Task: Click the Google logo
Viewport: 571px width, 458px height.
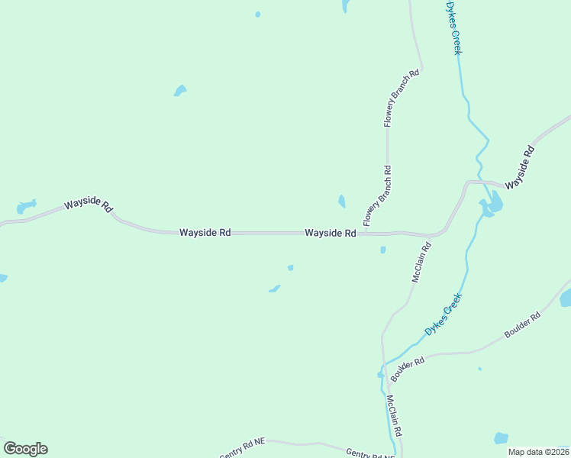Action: coord(25,449)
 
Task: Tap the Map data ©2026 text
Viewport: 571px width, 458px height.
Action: coord(538,452)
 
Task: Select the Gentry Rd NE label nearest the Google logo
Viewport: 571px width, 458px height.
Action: coord(243,451)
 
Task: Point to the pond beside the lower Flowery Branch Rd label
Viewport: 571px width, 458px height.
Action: coord(341,202)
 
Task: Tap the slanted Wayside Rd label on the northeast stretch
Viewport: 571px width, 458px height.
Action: coord(518,166)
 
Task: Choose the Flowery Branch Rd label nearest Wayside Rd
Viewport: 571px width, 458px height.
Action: coord(377,196)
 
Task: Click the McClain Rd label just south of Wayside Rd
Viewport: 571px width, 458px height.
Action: coord(421,263)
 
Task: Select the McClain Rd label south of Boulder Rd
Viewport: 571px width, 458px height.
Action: coord(394,416)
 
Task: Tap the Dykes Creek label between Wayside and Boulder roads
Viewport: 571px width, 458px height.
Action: coord(444,316)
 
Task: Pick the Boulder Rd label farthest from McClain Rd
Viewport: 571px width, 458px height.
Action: coord(522,325)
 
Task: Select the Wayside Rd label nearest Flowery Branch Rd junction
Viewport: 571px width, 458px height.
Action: coord(331,233)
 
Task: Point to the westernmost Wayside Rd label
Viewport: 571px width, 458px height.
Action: coord(89,205)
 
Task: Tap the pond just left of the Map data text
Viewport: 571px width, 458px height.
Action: coord(501,438)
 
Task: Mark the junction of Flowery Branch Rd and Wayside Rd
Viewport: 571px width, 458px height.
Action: coord(366,232)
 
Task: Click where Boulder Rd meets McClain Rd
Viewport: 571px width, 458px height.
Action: coord(384,367)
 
